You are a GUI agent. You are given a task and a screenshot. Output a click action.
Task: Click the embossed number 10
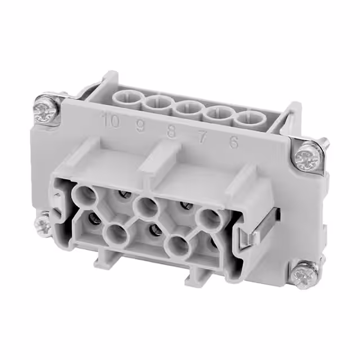click(111, 121)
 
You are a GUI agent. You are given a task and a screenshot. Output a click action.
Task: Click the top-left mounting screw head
click(44, 110)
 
